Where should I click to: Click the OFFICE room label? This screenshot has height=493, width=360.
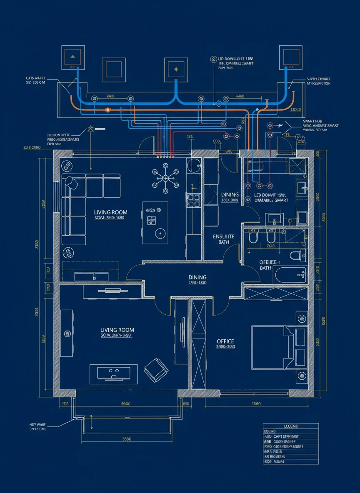click(x=225, y=341)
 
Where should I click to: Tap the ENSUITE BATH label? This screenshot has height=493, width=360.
click(x=224, y=239)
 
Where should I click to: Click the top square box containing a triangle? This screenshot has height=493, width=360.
click(x=73, y=57)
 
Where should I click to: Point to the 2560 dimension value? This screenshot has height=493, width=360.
click(x=256, y=404)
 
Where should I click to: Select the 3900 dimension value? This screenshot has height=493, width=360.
click(x=125, y=404)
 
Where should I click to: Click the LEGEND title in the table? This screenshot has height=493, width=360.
click(x=291, y=426)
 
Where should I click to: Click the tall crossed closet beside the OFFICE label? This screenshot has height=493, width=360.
click(x=198, y=344)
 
